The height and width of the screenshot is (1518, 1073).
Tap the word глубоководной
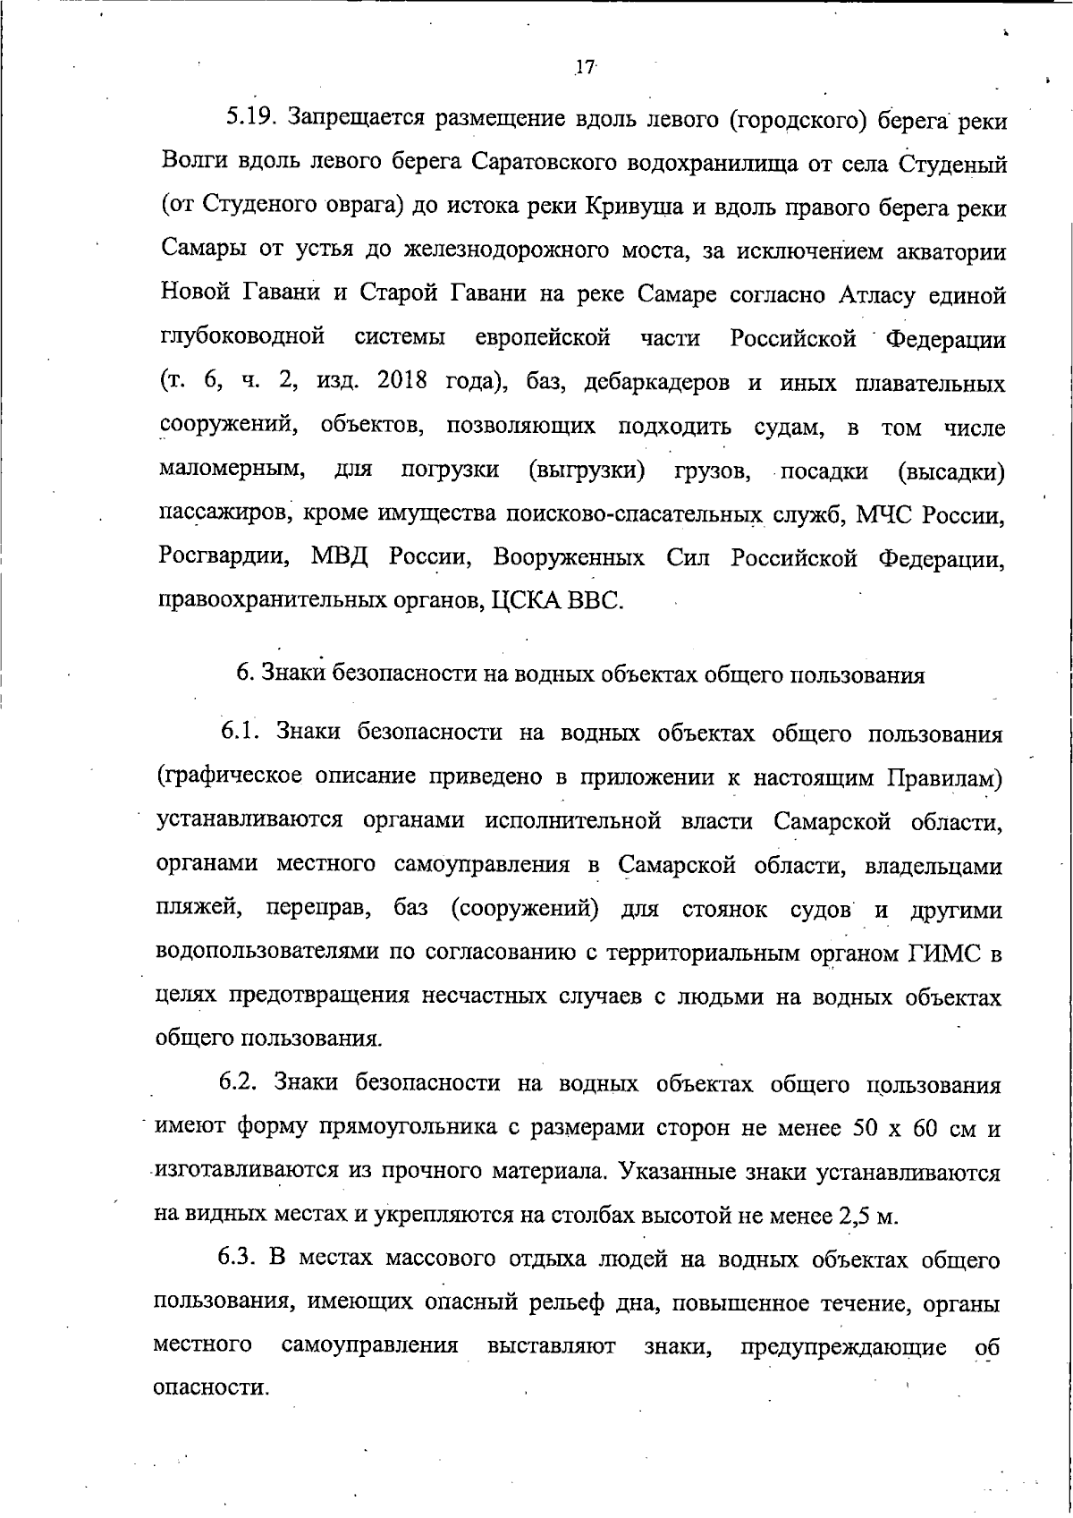click(241, 338)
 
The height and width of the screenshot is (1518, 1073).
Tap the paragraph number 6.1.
click(240, 734)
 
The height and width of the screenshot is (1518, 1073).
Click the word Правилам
click(944, 777)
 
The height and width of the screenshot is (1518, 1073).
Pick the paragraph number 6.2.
click(240, 1084)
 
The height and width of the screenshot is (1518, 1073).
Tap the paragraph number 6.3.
click(240, 1259)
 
